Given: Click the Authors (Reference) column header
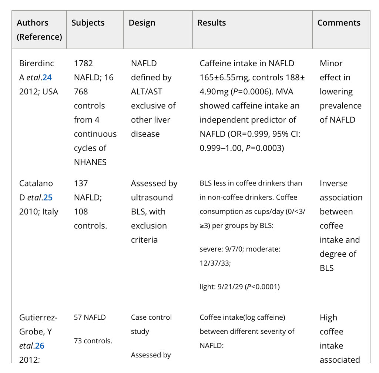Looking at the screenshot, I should (39, 30).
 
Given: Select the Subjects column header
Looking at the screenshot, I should (88, 23).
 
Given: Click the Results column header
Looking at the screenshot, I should (212, 23).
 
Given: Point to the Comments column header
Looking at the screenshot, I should (339, 23).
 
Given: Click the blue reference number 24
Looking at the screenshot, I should (47, 77).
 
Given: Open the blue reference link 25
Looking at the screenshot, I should (48, 197).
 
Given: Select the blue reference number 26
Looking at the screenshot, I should (40, 346).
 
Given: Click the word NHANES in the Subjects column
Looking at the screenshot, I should (90, 162).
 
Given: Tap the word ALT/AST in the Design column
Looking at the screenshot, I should (147, 91).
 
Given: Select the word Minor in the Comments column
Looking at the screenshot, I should (331, 63).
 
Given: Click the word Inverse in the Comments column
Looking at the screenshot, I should (333, 183).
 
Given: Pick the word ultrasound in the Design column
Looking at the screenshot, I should (152, 197).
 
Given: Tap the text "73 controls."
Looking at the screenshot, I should (93, 341).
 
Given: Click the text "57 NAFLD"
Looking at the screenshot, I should (90, 317).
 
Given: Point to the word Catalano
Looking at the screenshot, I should (36, 183).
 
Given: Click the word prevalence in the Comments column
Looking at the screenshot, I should (341, 105).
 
